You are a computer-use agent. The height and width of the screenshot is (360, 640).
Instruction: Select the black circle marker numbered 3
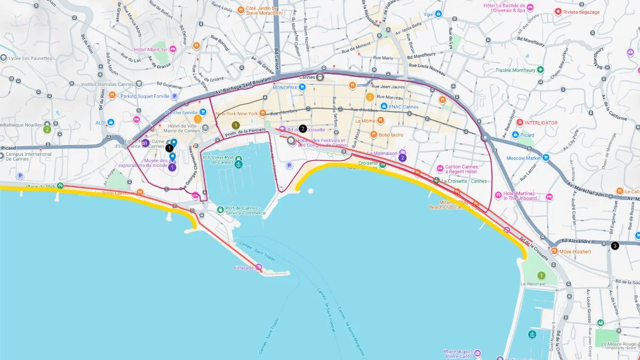[x=615, y=246]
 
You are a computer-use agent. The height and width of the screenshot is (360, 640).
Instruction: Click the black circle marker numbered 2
[x=303, y=129]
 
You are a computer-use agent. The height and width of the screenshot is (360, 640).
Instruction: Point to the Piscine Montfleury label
[x=515, y=70]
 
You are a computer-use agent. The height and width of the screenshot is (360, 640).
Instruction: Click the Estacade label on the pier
[x=244, y=268]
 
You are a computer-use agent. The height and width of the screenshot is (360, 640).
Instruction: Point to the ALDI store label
[x=100, y=123]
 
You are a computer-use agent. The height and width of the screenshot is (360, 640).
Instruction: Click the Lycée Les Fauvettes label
[x=34, y=58]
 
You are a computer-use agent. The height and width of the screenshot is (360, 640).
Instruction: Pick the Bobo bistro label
[x=391, y=135]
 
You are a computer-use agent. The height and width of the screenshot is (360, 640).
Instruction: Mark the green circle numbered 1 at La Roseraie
[x=541, y=275]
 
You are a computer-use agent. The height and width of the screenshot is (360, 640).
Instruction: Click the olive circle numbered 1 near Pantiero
[x=235, y=125]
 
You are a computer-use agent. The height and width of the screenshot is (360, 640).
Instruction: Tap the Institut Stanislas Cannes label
[x=107, y=84]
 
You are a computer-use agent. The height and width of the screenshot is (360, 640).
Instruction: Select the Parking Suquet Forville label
[x=143, y=96]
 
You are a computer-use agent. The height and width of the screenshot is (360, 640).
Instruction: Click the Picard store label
[x=527, y=135]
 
